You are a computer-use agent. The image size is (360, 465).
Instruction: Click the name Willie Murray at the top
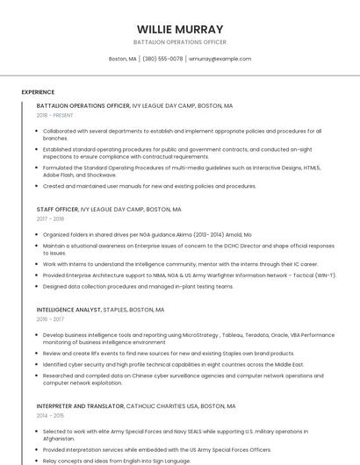[x=180, y=29]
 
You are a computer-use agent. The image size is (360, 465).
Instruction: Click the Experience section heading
[x=38, y=92]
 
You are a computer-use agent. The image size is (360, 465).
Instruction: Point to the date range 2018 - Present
[x=54, y=115]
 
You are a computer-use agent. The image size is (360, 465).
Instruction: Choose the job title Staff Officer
[x=57, y=210]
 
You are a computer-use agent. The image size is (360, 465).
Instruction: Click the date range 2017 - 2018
[x=50, y=219]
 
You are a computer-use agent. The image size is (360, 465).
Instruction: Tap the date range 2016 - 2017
[x=50, y=319]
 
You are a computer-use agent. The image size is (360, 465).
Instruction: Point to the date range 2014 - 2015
[x=50, y=416]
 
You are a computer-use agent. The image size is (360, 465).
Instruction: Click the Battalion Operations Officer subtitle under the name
[x=180, y=42]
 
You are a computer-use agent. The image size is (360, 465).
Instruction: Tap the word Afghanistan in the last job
[x=61, y=438]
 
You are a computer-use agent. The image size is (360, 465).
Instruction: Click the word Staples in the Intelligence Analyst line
[x=115, y=310]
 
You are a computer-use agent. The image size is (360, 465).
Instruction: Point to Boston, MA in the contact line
[x=122, y=59]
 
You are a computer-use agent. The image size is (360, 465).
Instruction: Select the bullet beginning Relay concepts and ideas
[x=116, y=460]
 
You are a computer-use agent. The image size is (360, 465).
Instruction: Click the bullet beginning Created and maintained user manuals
[x=149, y=186]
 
